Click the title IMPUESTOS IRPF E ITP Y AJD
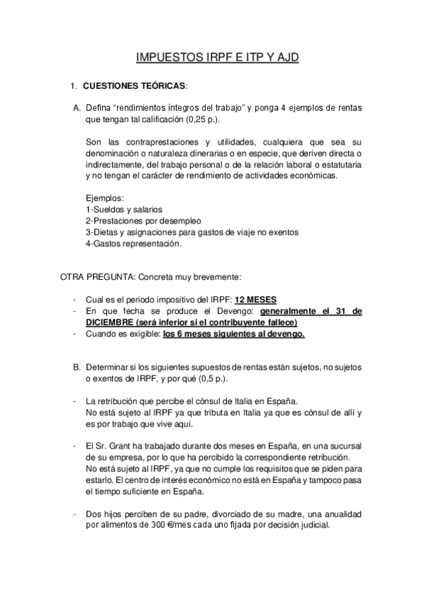[217, 58]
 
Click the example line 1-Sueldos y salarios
[123, 209]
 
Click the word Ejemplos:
[104, 197]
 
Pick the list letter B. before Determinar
[77, 367]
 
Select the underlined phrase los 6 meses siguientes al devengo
[233, 334]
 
